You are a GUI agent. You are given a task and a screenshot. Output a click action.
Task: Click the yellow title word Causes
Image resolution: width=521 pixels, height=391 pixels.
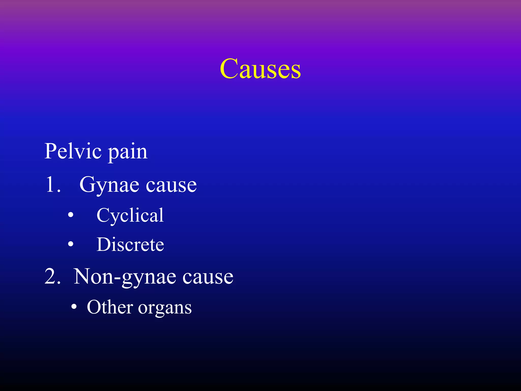tap(260, 69)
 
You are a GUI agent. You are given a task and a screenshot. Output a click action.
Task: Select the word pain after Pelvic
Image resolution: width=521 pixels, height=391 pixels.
tap(128, 153)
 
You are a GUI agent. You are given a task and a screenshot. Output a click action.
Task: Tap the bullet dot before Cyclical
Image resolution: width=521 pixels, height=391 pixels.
tap(71, 215)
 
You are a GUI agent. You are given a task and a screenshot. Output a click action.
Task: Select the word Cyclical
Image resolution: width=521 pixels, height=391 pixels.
tap(130, 216)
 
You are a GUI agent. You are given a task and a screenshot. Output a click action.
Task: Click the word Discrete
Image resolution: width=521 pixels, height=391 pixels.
tap(130, 245)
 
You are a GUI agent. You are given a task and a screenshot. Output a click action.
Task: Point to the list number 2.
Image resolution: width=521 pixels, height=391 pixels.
tap(52, 276)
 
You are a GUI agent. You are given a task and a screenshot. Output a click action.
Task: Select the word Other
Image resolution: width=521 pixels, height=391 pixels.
tap(110, 307)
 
